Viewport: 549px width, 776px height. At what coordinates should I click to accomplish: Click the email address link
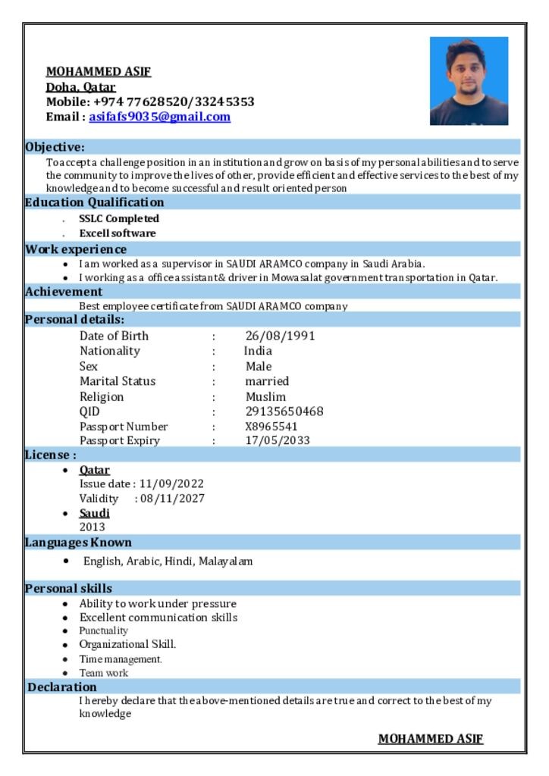click(159, 117)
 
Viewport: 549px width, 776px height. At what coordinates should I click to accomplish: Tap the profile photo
click(469, 81)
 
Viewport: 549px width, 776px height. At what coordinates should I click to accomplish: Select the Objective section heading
click(55, 146)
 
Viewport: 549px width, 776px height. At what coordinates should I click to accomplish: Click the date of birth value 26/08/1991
click(280, 336)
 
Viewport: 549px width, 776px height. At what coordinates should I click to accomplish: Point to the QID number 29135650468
click(284, 411)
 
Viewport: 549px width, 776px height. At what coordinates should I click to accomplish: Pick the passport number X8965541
click(271, 427)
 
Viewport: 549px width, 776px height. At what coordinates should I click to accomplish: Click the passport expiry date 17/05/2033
click(278, 440)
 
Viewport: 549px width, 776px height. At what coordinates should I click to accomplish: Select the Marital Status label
click(118, 381)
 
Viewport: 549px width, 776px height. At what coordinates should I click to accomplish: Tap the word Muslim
click(265, 396)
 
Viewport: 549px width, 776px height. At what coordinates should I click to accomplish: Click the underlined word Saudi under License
click(94, 513)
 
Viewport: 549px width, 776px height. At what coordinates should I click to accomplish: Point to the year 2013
click(93, 527)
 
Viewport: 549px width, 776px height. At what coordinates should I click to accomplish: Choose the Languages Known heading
click(78, 543)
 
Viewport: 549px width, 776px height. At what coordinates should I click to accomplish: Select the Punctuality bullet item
click(104, 630)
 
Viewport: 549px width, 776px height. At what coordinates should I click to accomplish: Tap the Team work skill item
click(104, 673)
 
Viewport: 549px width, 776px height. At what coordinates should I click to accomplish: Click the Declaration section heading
click(62, 687)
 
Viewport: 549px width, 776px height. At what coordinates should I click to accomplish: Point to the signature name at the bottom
click(430, 739)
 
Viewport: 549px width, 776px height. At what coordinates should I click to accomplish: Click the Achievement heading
click(64, 292)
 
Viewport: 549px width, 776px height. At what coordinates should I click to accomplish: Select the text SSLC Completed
click(119, 218)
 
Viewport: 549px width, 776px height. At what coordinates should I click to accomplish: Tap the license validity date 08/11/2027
click(172, 499)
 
